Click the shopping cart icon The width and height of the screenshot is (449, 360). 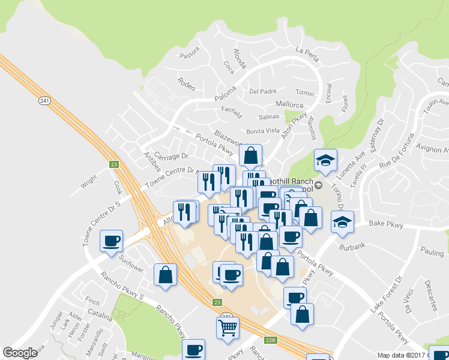point(228,327)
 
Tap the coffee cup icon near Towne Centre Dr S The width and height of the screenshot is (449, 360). point(111,241)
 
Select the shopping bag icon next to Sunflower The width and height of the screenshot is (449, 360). point(165,275)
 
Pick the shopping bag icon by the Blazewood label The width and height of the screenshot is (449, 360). point(250,155)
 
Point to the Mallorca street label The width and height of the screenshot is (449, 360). point(290,104)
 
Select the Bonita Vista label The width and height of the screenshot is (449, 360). point(263,130)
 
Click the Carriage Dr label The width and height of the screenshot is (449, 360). point(172,155)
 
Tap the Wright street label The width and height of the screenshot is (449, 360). point(89,178)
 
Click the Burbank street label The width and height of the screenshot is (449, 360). point(351,246)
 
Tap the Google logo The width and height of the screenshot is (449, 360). point(20,353)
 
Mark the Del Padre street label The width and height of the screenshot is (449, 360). point(262,91)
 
